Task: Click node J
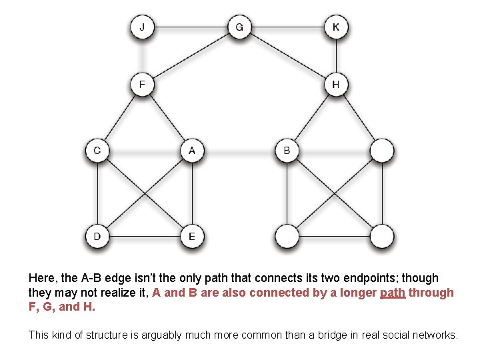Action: point(143,27)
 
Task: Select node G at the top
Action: point(239,27)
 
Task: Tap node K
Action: point(336,27)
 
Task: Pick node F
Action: point(143,85)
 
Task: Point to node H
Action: point(336,85)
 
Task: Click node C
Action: point(97,150)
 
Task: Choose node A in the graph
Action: point(192,150)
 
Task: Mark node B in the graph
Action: point(287,150)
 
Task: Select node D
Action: point(97,236)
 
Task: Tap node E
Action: point(192,236)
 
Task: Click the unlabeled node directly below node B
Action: point(287,236)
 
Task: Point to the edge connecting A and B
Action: point(239,150)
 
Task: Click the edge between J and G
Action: point(191,27)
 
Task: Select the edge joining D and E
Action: point(145,236)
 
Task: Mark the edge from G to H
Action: point(287,56)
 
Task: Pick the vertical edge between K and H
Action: point(336,56)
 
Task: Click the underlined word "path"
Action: point(393,293)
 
